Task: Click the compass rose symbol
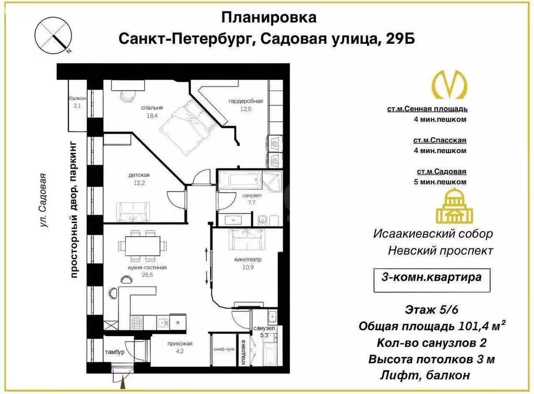point(53,35)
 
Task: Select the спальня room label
point(149,109)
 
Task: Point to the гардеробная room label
point(245,101)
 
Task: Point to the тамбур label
point(114,353)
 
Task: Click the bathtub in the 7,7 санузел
point(238,181)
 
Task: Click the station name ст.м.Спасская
point(440,140)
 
